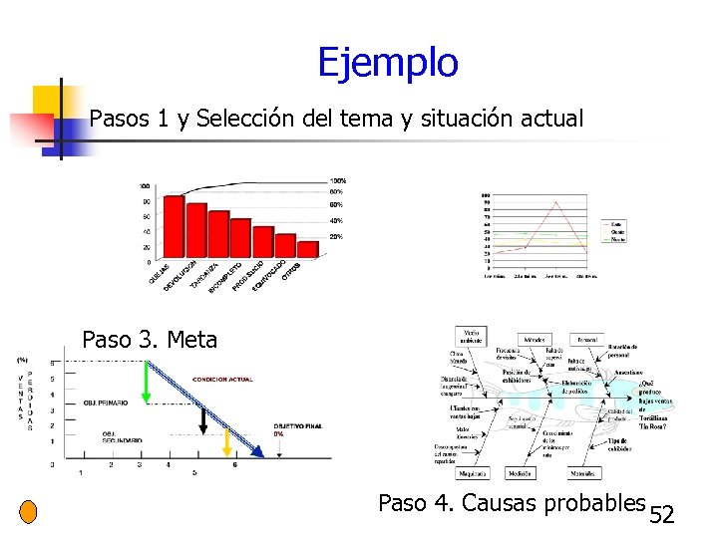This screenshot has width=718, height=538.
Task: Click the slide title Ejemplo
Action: point(387,63)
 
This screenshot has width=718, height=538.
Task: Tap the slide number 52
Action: point(662,515)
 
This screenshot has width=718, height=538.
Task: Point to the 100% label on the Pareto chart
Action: point(338,180)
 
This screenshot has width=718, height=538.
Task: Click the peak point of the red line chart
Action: point(555,202)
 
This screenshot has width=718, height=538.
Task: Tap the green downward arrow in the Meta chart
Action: point(146,381)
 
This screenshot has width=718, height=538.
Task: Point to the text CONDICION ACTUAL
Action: point(222,379)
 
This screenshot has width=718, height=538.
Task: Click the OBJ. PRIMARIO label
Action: point(105,403)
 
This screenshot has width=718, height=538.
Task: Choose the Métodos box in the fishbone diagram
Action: point(535,340)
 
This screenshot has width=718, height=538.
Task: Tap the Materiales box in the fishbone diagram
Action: point(583,473)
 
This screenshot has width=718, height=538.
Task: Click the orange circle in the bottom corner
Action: point(28,512)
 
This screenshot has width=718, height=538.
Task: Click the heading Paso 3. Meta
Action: point(150,340)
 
